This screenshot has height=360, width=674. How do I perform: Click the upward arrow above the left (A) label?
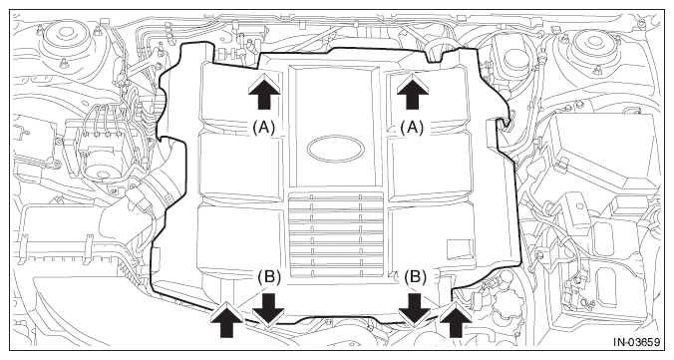click(x=264, y=91)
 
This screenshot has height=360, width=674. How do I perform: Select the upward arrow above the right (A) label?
click(x=413, y=91)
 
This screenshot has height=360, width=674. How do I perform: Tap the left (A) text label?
click(x=263, y=128)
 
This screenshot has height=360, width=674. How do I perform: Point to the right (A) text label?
click(x=412, y=128)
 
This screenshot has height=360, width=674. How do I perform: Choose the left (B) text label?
click(x=269, y=277)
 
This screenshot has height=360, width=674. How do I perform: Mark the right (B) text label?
click(x=415, y=277)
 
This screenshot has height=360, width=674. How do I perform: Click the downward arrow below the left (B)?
click(x=268, y=310)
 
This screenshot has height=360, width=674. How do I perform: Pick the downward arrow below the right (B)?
click(x=415, y=310)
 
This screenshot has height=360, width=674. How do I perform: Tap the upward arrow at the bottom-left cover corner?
click(x=226, y=319)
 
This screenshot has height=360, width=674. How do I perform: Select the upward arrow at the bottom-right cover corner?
click(x=456, y=319)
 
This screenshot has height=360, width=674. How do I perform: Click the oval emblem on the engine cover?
click(x=336, y=150)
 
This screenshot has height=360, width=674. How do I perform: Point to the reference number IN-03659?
click(x=636, y=342)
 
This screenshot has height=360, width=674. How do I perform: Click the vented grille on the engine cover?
click(x=336, y=234)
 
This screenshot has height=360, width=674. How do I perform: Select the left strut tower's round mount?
click(x=66, y=38)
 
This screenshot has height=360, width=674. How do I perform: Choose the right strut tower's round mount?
click(x=594, y=43)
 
